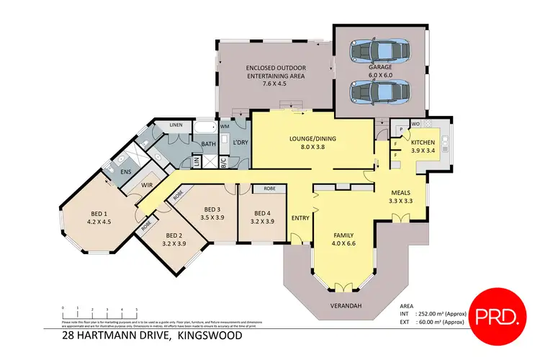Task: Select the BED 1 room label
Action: (98, 213)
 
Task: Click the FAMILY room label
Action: (343, 235)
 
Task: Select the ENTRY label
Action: (300, 218)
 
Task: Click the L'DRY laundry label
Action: (240, 143)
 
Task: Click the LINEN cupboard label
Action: (176, 125)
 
